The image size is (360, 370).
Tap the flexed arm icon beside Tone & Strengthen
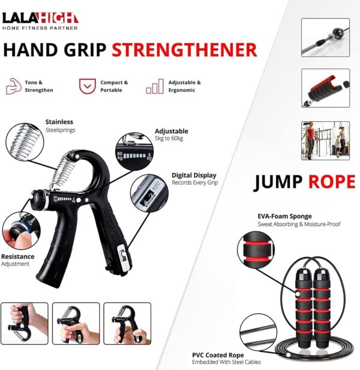[13, 86]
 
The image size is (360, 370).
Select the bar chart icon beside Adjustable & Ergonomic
[154, 86]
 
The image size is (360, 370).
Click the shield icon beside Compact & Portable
[87, 86]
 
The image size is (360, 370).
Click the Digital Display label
[194, 175]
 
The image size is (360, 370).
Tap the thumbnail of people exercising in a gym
[325, 141]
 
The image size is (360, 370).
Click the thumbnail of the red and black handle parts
[325, 89]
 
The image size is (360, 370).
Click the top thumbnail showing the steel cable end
[325, 37]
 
